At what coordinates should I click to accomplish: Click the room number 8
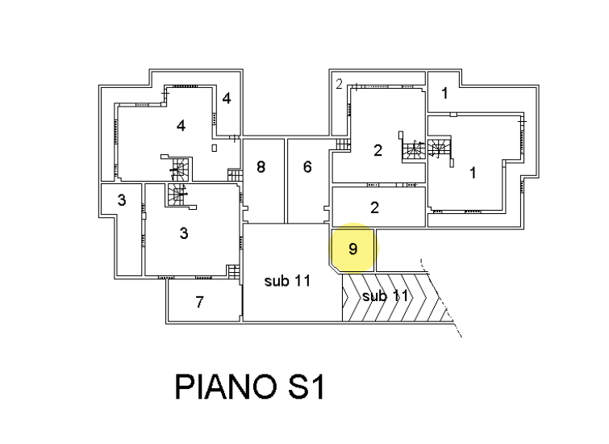(x=261, y=167)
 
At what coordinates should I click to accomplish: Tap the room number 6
(x=307, y=167)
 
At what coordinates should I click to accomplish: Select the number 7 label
(x=199, y=303)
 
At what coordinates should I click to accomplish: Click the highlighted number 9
(x=352, y=249)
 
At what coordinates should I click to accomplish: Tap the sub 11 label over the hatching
(x=386, y=296)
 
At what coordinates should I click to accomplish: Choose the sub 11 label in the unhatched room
(x=287, y=281)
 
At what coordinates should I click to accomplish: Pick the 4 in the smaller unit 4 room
(x=227, y=98)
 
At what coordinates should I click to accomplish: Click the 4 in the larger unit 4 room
(x=181, y=125)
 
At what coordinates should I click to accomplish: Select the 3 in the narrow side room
(x=121, y=201)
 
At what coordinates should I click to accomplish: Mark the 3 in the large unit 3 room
(x=184, y=233)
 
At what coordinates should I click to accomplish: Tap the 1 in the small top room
(x=444, y=94)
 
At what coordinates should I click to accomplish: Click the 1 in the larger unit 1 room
(x=472, y=172)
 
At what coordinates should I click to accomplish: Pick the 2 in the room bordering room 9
(x=374, y=207)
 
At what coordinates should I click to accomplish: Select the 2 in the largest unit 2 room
(x=377, y=149)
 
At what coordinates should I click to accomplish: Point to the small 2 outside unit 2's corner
(x=339, y=83)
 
